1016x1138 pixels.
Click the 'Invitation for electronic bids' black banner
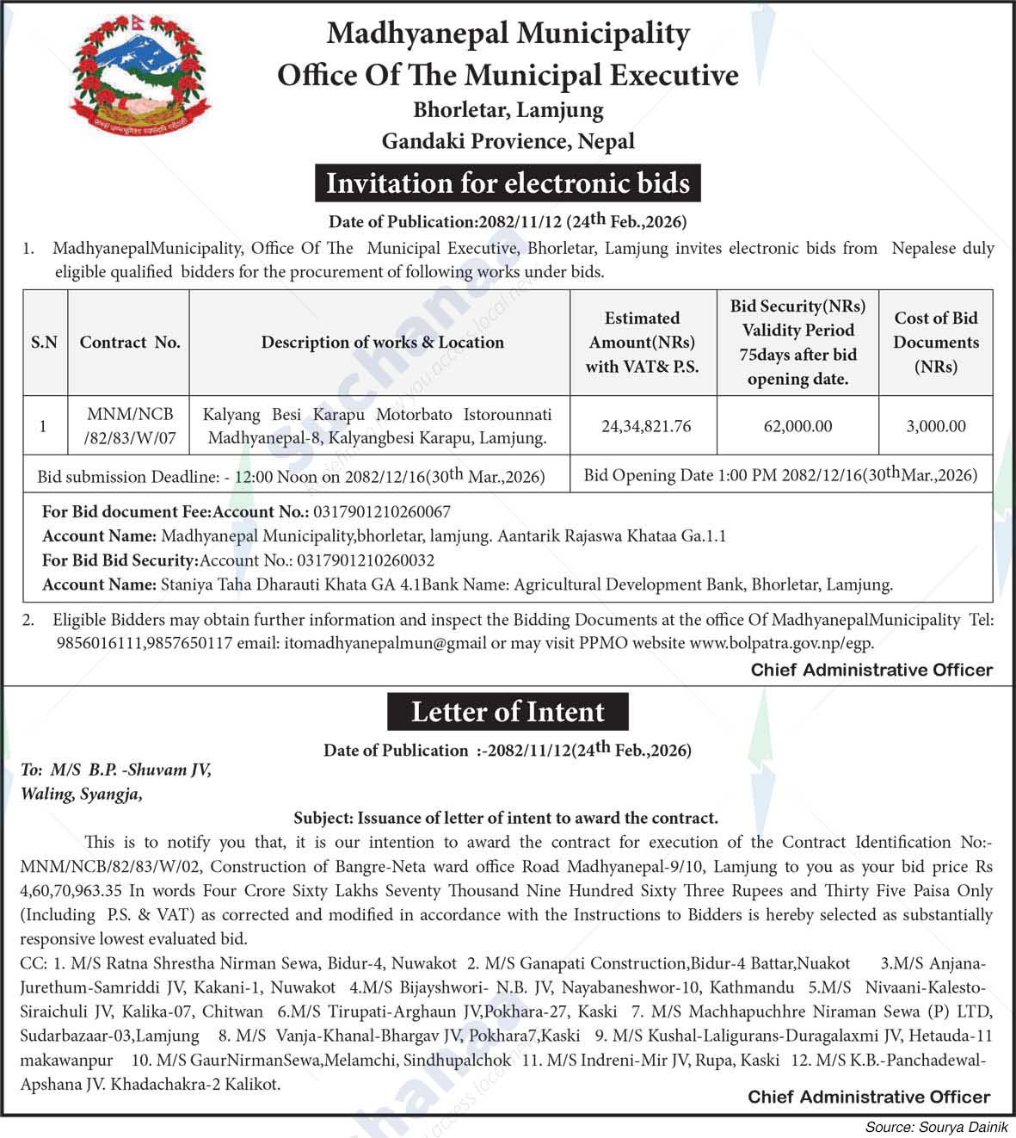(x=508, y=183)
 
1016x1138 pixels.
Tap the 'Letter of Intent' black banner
(x=508, y=712)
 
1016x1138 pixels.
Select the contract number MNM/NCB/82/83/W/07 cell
(x=130, y=426)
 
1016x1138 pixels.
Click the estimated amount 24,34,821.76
(x=646, y=426)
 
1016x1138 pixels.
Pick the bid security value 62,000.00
(x=797, y=426)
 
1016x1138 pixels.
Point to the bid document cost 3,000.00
(x=936, y=426)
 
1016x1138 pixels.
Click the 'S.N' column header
(x=44, y=342)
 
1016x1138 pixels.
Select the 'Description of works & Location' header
(x=382, y=342)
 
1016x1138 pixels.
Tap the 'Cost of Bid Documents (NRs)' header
(x=936, y=342)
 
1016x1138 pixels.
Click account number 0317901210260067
(x=382, y=511)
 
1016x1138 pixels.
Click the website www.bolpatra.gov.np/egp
(x=781, y=642)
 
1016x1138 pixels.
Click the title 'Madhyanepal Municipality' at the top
(x=508, y=34)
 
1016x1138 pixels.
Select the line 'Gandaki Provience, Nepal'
(x=508, y=141)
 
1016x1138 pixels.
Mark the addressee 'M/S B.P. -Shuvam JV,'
(x=129, y=770)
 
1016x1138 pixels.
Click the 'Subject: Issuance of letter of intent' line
(x=506, y=818)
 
